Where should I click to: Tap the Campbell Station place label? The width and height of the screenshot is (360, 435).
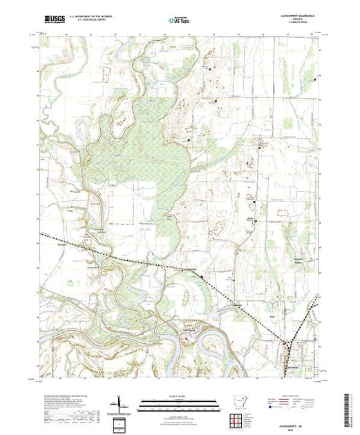tap(299, 260)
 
